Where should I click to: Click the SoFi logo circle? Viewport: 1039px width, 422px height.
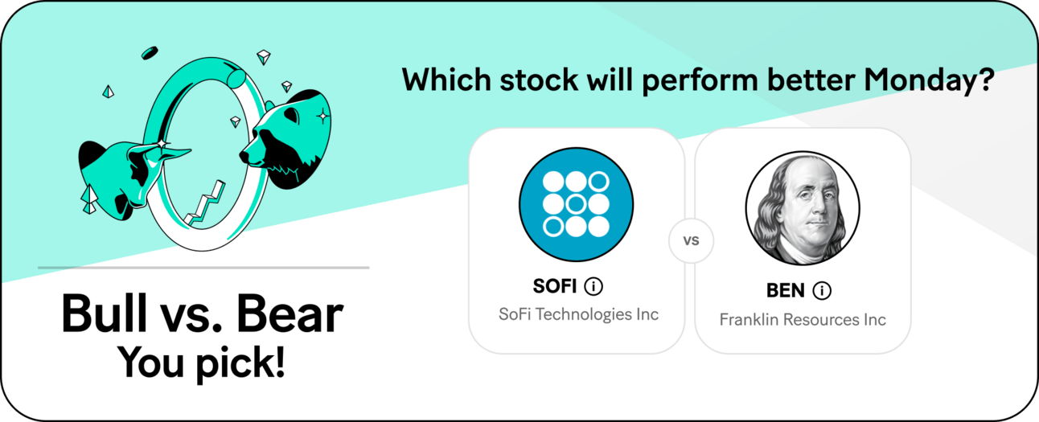pyautogui.click(x=576, y=204)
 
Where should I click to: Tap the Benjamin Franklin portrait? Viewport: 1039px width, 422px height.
pyautogui.click(x=803, y=208)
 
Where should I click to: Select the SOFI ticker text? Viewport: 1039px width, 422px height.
pyautogui.click(x=555, y=286)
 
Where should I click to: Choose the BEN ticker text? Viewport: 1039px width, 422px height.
pyautogui.click(x=785, y=291)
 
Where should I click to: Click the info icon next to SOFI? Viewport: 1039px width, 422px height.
pyautogui.click(x=593, y=286)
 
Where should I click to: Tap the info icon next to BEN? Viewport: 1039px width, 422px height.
pyautogui.click(x=822, y=291)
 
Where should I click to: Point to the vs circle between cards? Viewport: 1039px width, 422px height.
pyautogui.click(x=691, y=240)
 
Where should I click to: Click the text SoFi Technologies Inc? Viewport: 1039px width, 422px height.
pyautogui.click(x=578, y=314)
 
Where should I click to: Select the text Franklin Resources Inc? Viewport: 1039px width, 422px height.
pyautogui.click(x=803, y=320)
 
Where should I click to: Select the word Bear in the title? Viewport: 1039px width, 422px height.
pyautogui.click(x=290, y=314)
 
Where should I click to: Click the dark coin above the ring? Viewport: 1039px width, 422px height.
pyautogui.click(x=150, y=53)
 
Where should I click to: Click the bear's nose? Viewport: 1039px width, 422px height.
pyautogui.click(x=244, y=155)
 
